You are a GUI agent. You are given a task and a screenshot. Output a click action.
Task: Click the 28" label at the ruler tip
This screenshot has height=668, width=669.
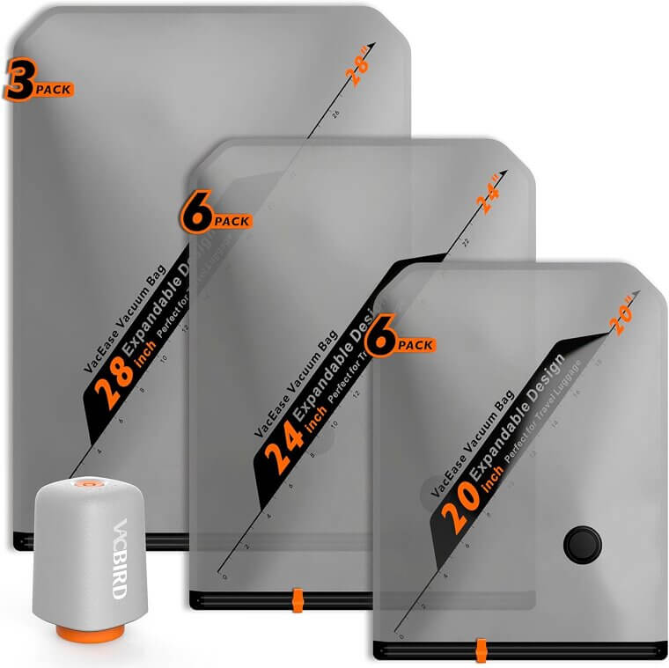pos(359,70)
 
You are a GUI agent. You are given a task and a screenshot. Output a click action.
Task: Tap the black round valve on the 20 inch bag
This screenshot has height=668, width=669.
pos(581,544)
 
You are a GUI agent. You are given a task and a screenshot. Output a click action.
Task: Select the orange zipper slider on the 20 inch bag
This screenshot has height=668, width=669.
pos(480,649)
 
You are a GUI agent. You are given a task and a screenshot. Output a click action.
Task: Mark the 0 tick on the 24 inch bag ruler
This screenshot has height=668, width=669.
pos(225,578)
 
